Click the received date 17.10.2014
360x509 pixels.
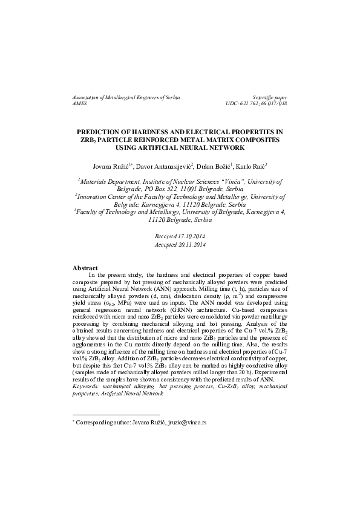(x=190, y=235)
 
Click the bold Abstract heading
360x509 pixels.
(x=85, y=267)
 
